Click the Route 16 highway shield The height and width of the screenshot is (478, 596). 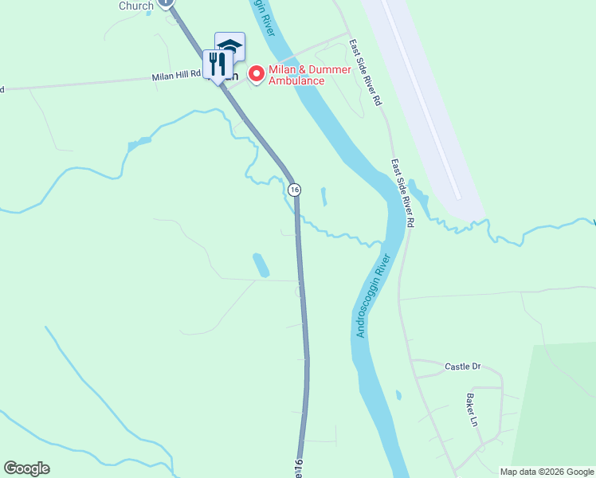pos(295,190)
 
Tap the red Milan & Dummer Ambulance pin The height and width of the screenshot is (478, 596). pos(257,74)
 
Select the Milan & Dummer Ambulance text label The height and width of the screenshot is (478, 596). pos(296,75)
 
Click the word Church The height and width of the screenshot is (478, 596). pos(136,6)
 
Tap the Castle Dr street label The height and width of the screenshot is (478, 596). pos(463,366)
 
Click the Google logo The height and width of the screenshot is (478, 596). pos(26,468)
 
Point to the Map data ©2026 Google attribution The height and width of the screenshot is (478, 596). pos(546,472)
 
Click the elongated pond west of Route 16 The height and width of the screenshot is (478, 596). pos(261,265)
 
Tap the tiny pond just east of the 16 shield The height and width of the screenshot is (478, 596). pos(323,196)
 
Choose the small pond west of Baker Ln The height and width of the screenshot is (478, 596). pos(398,394)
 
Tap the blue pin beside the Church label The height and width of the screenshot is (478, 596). pos(166,2)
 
